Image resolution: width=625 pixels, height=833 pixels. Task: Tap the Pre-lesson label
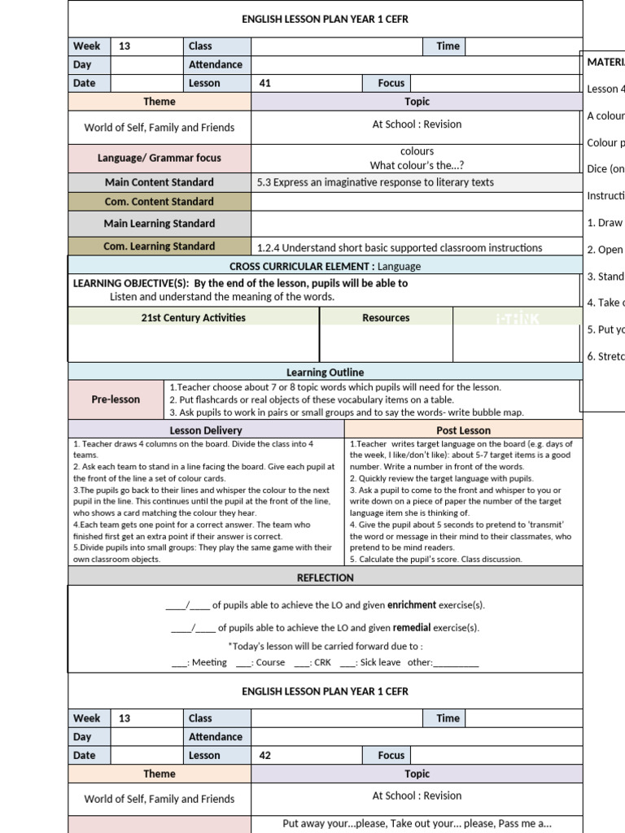116,399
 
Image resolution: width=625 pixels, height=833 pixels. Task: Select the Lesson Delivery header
206,430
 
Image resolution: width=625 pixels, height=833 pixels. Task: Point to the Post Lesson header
463,430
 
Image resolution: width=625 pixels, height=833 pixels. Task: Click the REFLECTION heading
325,578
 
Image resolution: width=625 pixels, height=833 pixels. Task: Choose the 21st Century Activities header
193,318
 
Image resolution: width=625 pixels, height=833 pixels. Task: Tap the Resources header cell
386,318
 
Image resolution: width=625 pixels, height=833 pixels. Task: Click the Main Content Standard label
160,182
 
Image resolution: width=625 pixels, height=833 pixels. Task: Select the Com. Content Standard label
160,202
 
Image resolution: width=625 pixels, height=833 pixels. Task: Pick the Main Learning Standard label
160,224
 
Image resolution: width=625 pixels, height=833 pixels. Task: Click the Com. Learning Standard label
160,246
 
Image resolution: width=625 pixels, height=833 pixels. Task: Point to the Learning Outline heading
325,373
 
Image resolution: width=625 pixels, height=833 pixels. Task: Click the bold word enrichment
411,605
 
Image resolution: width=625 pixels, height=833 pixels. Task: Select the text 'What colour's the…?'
417,165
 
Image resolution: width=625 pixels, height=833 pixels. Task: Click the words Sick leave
380,662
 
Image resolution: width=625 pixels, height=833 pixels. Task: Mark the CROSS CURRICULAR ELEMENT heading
302,266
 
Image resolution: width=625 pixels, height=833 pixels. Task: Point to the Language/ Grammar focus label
160,158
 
